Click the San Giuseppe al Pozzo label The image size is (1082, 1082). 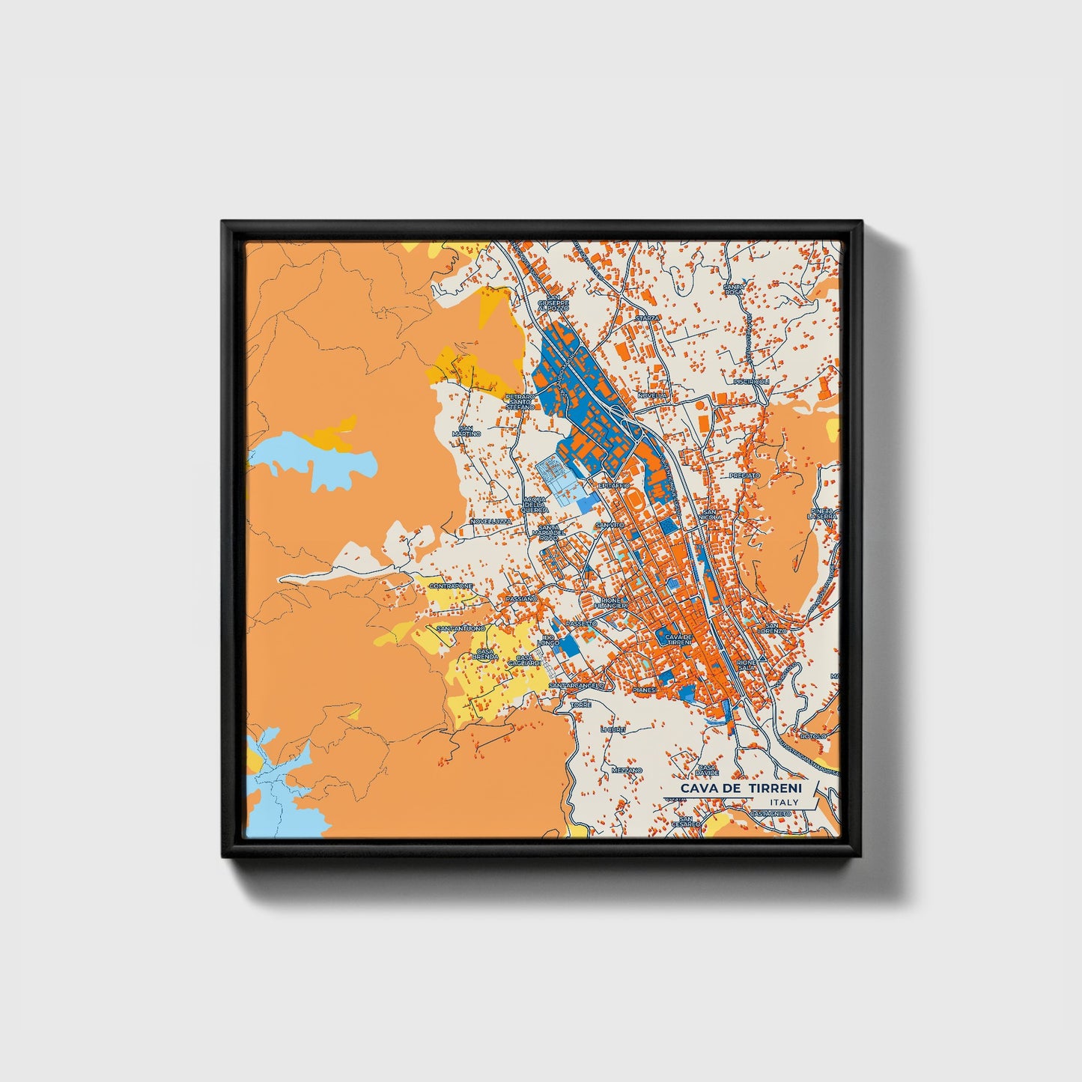[558, 301]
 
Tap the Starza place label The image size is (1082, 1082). [647, 318]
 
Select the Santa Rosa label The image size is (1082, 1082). [733, 288]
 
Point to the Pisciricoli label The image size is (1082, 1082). [752, 381]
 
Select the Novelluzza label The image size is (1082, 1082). [490, 521]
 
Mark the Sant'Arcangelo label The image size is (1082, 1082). [576, 685]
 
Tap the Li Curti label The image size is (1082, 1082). [612, 729]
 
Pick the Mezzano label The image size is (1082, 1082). [627, 770]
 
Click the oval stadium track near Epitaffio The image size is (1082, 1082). [634, 497]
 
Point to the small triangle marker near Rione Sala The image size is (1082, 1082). [761, 658]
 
